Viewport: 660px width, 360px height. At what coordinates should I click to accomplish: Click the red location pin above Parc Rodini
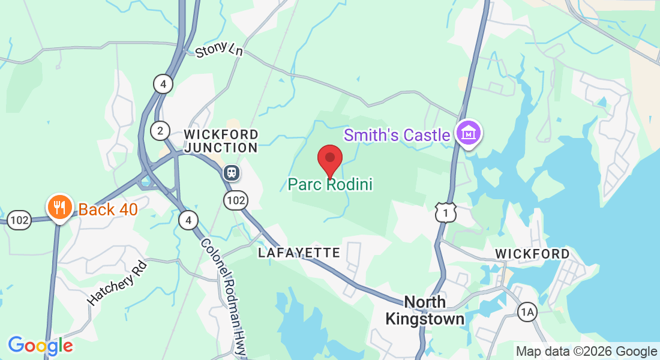coord(329,159)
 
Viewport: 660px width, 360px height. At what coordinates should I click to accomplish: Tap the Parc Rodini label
coord(330,184)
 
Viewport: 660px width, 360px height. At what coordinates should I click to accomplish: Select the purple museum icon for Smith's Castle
coord(469,133)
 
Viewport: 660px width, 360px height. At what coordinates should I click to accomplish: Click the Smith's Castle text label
coord(397,135)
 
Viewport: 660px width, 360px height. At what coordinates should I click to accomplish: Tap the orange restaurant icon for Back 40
coord(59,207)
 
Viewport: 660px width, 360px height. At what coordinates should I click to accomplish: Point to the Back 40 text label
coord(108,209)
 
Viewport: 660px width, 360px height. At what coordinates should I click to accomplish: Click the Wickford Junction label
coord(221,141)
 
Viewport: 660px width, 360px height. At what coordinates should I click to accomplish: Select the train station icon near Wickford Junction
coord(232,173)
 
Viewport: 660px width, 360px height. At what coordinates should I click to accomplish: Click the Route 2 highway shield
coord(160,131)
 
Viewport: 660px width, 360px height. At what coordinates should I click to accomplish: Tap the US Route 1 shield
coord(446,212)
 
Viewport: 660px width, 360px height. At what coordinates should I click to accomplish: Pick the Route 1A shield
coord(527,311)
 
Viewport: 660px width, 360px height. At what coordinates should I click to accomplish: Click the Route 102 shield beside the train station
coord(236,200)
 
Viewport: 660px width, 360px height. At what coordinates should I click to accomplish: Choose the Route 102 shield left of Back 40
coord(19,220)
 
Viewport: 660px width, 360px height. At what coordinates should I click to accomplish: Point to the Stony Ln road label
coord(219,50)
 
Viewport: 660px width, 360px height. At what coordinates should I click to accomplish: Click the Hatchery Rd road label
coord(117,283)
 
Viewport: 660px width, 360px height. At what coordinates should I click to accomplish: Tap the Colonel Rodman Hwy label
coord(224,297)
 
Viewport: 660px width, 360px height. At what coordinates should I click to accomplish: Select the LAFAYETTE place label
coord(299,253)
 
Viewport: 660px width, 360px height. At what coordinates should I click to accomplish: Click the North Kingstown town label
coord(425,310)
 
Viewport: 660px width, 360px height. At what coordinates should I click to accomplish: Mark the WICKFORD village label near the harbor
coord(532,254)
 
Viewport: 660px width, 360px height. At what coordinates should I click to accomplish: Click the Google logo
coord(40,346)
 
